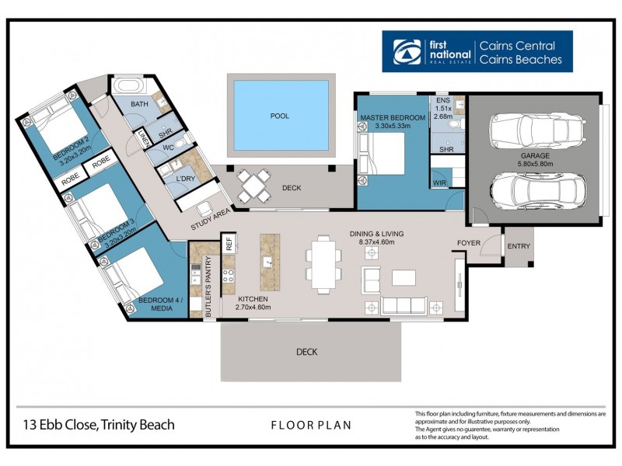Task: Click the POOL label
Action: click(279, 116)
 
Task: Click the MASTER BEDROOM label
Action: click(393, 117)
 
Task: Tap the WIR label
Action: click(440, 183)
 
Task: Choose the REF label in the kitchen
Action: click(229, 244)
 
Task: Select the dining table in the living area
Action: click(323, 258)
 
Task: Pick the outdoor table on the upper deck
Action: click(253, 187)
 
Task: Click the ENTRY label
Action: click(518, 246)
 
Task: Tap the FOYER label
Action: click(469, 242)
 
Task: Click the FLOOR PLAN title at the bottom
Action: click(311, 425)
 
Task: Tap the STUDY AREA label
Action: click(212, 222)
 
